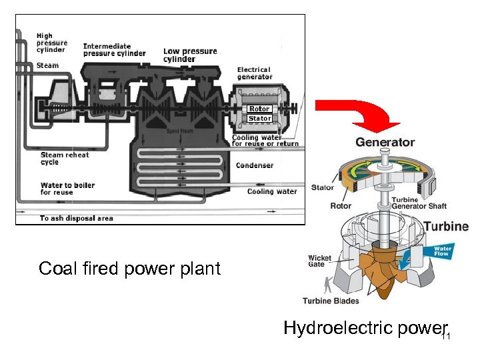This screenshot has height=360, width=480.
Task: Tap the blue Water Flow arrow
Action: click(x=443, y=251)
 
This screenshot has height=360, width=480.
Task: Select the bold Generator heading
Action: click(x=385, y=142)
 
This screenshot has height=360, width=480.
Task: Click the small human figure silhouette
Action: click(x=327, y=285)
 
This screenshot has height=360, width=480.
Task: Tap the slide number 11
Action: click(x=446, y=336)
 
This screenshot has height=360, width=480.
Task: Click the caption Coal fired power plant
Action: click(x=129, y=269)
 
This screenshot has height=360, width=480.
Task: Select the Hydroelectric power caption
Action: click(x=363, y=328)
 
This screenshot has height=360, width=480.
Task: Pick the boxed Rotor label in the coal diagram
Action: click(x=259, y=109)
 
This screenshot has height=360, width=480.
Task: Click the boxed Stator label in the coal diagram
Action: click(x=259, y=119)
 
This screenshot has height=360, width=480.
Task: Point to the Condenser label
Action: click(x=255, y=165)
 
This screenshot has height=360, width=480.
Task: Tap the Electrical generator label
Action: click(x=255, y=73)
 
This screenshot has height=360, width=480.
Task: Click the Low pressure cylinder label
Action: click(x=190, y=55)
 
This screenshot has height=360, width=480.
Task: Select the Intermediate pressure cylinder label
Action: click(x=114, y=50)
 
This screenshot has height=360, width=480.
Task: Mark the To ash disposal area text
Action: click(x=76, y=218)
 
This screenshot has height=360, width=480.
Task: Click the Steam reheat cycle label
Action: click(x=64, y=159)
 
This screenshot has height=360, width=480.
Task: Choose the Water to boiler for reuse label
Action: click(x=67, y=189)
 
